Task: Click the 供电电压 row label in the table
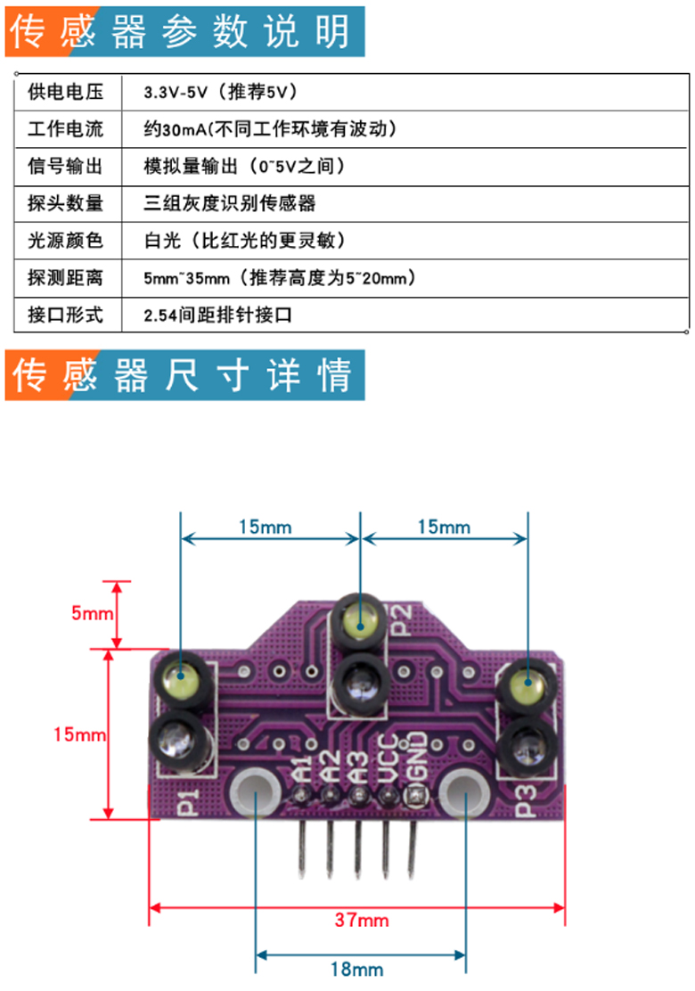(x=65, y=93)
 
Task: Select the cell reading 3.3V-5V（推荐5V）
(x=220, y=93)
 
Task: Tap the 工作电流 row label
(x=65, y=129)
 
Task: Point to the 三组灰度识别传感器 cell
(x=229, y=203)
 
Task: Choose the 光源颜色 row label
(x=65, y=240)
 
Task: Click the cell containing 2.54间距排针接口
(x=217, y=314)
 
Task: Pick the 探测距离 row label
(x=65, y=277)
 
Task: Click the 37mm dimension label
(x=362, y=920)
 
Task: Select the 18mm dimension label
(x=357, y=969)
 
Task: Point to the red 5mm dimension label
(x=93, y=612)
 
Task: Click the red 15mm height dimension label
(x=79, y=733)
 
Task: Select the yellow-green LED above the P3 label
(x=527, y=683)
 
